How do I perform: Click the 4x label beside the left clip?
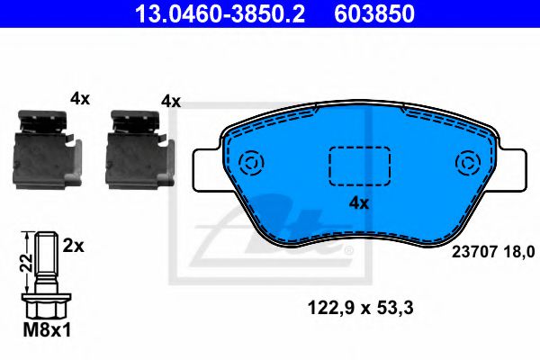pos(81,100)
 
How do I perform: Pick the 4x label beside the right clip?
pos(170,102)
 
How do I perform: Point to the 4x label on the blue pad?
pos(359,203)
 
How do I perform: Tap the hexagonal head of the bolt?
pos(44,304)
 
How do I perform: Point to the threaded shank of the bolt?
pos(44,260)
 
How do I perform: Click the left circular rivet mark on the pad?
pos(252,163)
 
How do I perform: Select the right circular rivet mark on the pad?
pos(468,163)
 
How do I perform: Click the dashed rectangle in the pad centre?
pos(357,164)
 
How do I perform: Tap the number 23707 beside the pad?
pos(469,253)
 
